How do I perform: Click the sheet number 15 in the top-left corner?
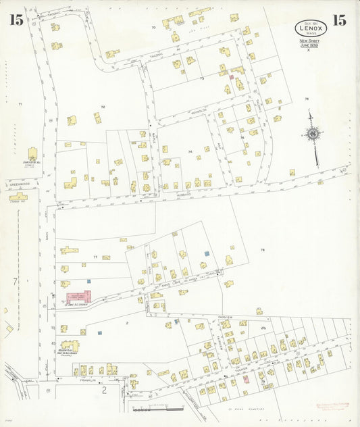16,20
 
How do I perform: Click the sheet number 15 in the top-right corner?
340,20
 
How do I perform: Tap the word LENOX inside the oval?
311,27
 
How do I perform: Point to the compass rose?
312,134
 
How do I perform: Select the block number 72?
103,107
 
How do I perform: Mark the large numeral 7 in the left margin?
14,280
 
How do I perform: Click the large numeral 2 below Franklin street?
104,391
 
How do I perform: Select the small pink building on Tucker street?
245,380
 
